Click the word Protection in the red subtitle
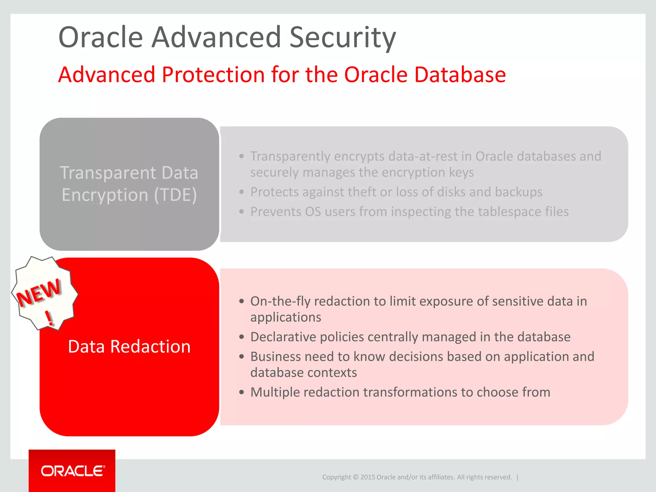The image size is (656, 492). point(213,75)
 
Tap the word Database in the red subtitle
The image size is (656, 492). point(460,75)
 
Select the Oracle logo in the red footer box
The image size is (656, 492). point(73,471)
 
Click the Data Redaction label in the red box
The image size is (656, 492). point(129,347)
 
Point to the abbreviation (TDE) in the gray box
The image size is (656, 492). point(175,195)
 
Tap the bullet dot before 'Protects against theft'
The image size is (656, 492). point(242,192)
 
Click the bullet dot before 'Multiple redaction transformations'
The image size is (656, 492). point(242,392)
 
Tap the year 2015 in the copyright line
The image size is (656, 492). point(368,477)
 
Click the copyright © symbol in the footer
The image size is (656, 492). point(356,477)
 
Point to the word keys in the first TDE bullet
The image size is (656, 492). point(461,173)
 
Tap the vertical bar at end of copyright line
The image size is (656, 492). point(517,477)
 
